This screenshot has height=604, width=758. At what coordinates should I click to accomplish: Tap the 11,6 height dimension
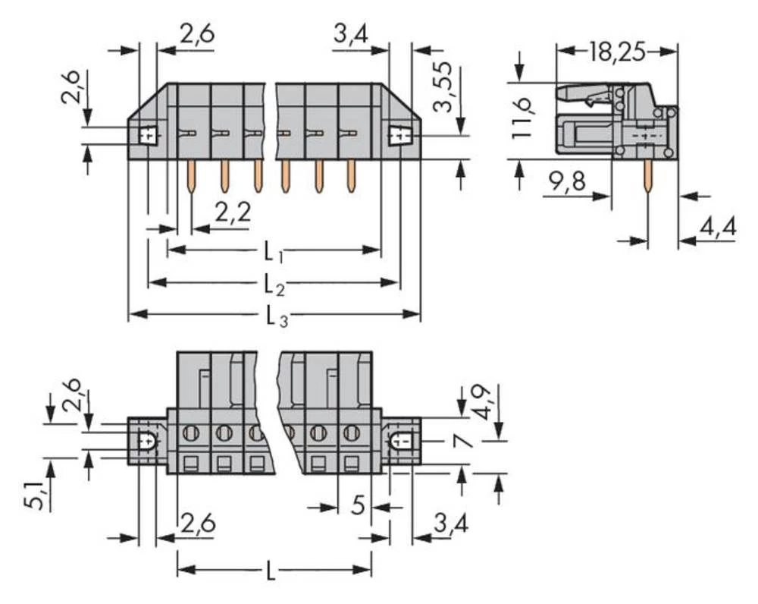click(x=522, y=118)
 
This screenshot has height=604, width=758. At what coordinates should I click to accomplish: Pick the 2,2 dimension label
click(x=233, y=214)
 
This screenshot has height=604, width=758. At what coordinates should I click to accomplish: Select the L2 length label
click(x=274, y=285)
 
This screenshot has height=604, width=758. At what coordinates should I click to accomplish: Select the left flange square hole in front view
click(x=148, y=136)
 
